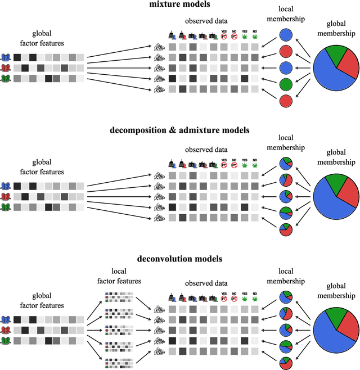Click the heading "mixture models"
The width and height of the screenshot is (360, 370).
click(180, 5)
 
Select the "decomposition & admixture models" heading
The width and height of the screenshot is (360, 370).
click(180, 130)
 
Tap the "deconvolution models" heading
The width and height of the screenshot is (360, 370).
click(180, 259)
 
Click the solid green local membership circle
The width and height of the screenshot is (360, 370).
click(286, 86)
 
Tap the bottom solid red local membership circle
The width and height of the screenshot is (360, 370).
click(286, 102)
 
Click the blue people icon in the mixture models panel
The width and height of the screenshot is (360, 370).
click(7, 57)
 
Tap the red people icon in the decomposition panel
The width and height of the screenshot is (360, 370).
click(7, 196)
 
